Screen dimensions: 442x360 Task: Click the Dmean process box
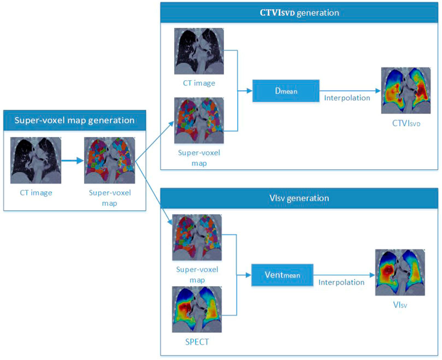tap(286, 91)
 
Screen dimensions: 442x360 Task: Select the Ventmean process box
tap(282, 275)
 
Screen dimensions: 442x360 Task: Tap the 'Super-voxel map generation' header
tap(75, 120)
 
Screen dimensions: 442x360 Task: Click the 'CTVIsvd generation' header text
tap(299, 13)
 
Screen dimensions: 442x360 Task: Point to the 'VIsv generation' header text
tap(299, 198)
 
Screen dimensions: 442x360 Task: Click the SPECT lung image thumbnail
tap(197, 309)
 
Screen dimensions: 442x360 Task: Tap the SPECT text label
tap(197, 342)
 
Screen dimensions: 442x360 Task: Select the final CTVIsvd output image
tap(406, 91)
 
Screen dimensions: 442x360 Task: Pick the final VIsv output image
tap(400, 273)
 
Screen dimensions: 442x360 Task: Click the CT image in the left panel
tap(36, 161)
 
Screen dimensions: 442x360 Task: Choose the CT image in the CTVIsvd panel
tap(199, 51)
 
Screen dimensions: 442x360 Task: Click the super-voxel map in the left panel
tap(110, 161)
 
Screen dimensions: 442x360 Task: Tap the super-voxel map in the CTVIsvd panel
tap(199, 121)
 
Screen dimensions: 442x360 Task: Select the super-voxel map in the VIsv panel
tap(197, 238)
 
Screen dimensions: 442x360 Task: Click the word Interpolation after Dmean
tap(347, 98)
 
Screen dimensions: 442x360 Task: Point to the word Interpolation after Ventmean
tap(341, 282)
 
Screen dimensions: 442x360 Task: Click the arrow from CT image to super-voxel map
tap(73, 161)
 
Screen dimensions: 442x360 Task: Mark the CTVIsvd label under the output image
tap(406, 123)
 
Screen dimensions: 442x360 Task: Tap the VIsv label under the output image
tap(400, 305)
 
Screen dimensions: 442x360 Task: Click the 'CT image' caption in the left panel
tap(36, 193)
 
